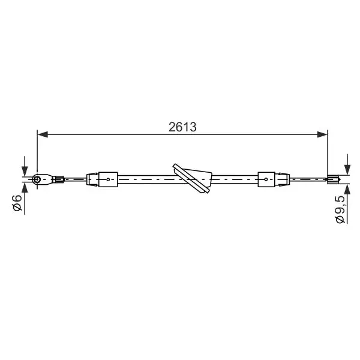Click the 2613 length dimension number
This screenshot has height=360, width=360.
(x=182, y=127)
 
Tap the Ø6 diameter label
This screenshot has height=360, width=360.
(x=17, y=203)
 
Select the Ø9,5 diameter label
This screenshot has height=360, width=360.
(x=340, y=209)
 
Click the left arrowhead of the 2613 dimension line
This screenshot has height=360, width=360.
(x=43, y=134)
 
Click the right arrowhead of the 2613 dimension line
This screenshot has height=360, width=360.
(x=322, y=134)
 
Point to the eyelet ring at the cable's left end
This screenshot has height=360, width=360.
(x=37, y=179)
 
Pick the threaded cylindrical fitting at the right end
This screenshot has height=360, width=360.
(x=334, y=179)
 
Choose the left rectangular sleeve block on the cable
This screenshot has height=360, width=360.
(x=108, y=179)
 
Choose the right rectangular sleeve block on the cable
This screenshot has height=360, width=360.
(x=266, y=179)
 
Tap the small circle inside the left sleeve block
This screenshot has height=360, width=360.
(x=108, y=179)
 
